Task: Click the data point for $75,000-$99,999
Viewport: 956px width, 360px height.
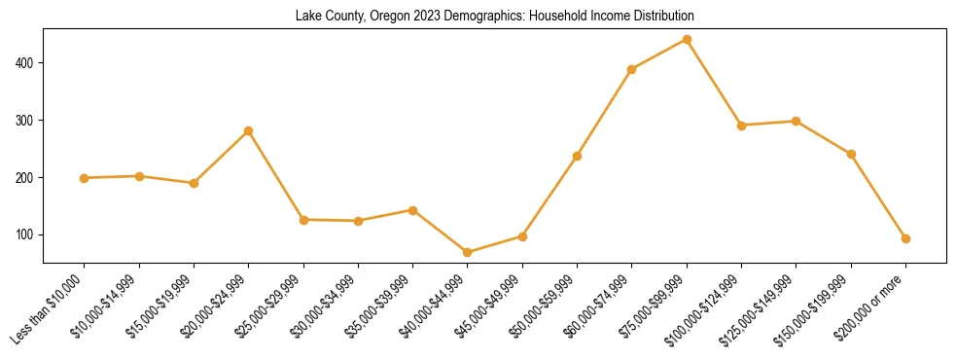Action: tap(687, 40)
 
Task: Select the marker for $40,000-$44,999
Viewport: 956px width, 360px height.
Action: tap(468, 252)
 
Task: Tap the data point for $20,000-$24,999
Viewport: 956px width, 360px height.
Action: tap(249, 130)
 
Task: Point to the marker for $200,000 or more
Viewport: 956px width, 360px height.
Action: tap(905, 238)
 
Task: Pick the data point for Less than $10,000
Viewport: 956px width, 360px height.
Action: tap(85, 178)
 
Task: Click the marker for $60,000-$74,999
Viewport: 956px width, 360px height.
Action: tap(632, 69)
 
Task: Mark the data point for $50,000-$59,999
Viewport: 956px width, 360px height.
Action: tap(578, 156)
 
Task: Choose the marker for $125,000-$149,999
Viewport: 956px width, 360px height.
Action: tap(797, 122)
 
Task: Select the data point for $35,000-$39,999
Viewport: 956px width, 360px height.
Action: tap(413, 210)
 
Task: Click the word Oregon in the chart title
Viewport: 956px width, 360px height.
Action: tap(377, 17)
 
